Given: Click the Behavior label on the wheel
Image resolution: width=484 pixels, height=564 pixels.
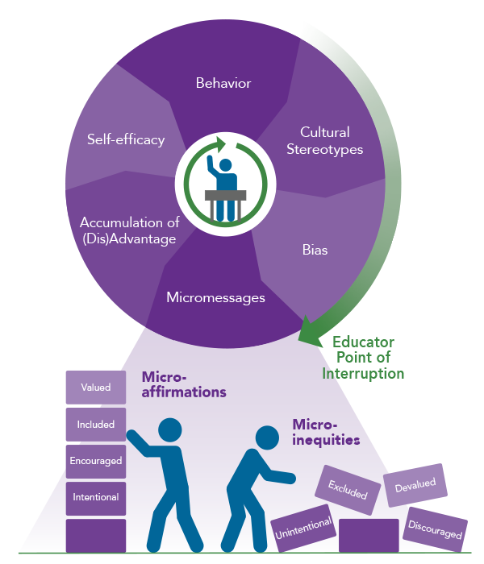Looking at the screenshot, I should point(223,83).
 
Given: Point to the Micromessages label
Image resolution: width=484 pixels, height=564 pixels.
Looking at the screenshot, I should point(215,298).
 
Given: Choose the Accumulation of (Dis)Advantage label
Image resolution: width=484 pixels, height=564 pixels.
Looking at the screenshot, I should point(128,230).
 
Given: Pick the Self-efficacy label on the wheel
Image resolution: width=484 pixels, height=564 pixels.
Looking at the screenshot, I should point(126,139).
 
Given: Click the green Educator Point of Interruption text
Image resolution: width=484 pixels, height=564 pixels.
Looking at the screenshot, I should point(363,358).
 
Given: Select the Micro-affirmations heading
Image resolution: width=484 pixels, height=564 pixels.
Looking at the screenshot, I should point(184,384).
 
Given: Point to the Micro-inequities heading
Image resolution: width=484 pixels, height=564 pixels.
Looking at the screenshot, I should point(325,432).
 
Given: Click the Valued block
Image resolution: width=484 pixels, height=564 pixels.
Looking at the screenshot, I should point(95,388).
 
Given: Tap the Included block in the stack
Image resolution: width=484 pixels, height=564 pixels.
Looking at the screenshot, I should point(95,425).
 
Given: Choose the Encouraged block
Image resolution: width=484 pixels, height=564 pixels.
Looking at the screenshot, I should point(95,462).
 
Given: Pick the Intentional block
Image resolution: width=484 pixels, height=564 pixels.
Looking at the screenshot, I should point(95,498).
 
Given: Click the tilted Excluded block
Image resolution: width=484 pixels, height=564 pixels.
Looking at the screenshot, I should point(348,490).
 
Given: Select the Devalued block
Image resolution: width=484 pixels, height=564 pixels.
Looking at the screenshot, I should point(415,484).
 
